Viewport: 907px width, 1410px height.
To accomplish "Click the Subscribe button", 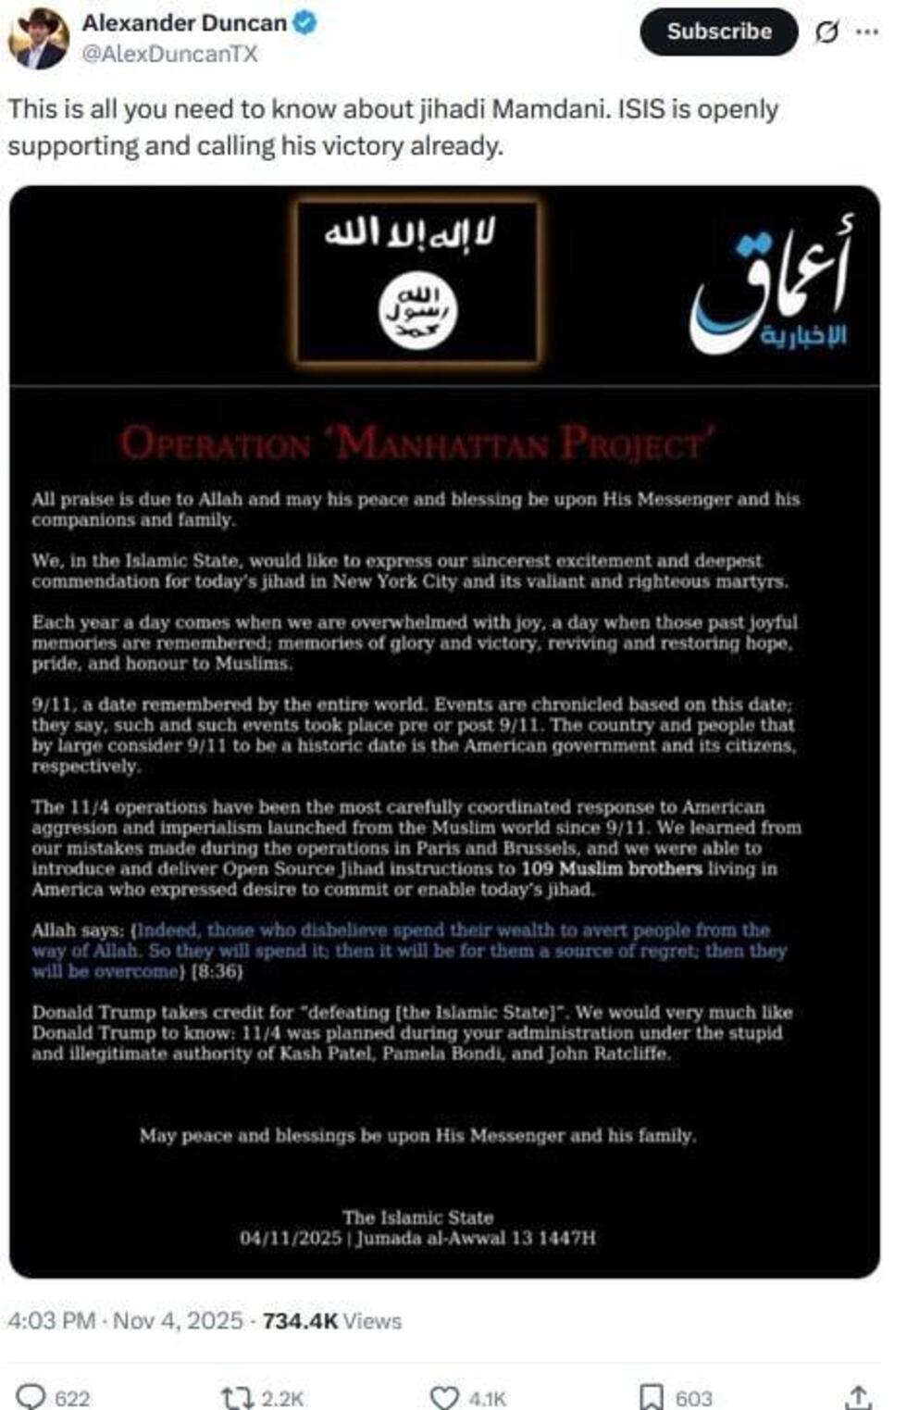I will pyautogui.click(x=718, y=31).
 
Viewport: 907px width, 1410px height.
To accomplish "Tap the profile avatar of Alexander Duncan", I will pyautogui.click(x=38, y=39).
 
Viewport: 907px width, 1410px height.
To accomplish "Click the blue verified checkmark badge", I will pyautogui.click(x=305, y=22).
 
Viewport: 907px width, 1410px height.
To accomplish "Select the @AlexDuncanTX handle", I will pyautogui.click(x=169, y=54).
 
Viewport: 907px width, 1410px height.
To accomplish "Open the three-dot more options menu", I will pyautogui.click(x=867, y=31).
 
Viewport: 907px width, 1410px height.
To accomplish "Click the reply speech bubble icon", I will pyautogui.click(x=31, y=1396).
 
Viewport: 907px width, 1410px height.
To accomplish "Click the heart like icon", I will pyautogui.click(x=445, y=1397).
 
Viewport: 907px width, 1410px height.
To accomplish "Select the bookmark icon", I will pyautogui.click(x=652, y=1397).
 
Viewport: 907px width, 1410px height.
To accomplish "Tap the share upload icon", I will pyautogui.click(x=858, y=1397).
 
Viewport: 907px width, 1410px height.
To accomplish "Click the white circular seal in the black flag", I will pyautogui.click(x=418, y=311).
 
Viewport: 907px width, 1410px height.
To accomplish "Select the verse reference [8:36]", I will pyautogui.click(x=217, y=971).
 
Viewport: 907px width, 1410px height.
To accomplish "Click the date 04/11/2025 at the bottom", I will pyautogui.click(x=291, y=1238).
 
